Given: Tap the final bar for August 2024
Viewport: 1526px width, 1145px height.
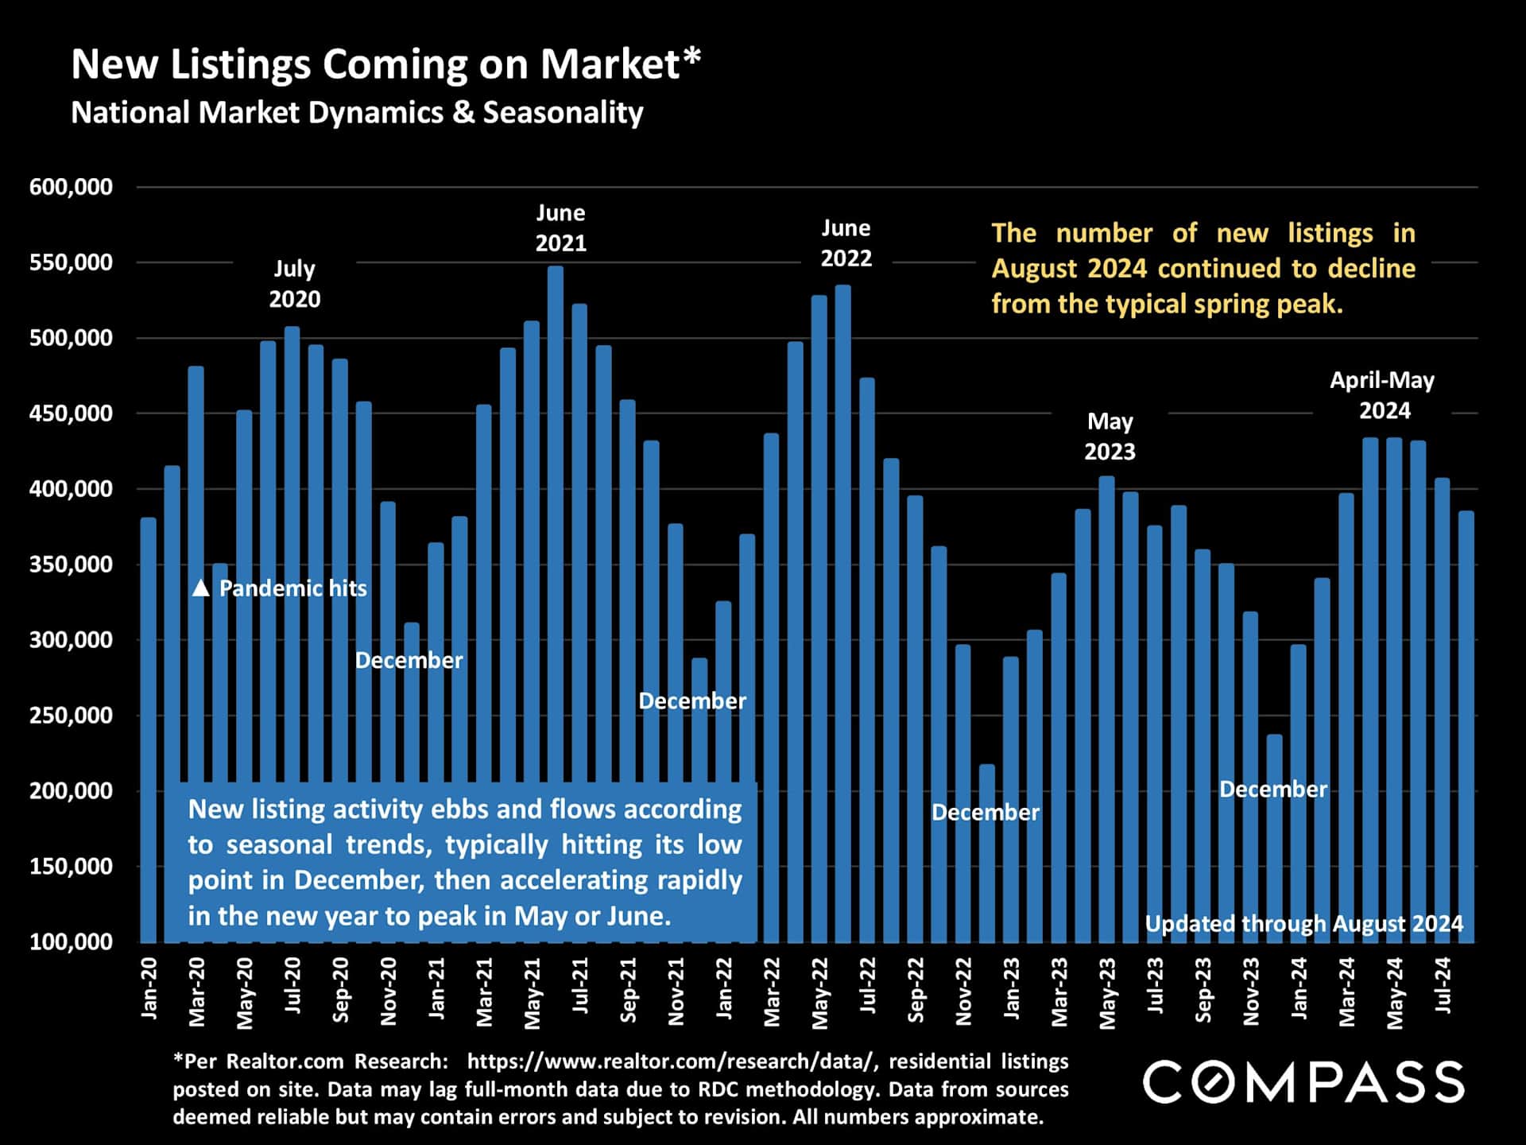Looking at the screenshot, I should (1466, 716).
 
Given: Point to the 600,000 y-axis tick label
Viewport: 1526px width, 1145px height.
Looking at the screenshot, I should (72, 188).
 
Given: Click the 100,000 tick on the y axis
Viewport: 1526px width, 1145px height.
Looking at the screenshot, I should (72, 942).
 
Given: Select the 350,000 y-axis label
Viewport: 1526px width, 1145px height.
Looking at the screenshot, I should (72, 565).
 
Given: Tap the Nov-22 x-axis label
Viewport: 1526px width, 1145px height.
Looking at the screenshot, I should (963, 992).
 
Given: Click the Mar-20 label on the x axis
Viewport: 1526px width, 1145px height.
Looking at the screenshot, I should (196, 992).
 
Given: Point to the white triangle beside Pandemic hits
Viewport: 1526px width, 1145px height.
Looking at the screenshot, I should (201, 588).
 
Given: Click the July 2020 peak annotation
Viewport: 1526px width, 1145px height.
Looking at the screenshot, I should (295, 284).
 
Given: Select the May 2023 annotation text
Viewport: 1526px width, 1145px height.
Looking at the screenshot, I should (1110, 437).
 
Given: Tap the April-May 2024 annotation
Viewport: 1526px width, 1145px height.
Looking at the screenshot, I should (1383, 395).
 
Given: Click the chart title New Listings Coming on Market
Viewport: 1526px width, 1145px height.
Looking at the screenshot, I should (386, 64).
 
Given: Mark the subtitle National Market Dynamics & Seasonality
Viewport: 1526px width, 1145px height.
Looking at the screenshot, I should (357, 113).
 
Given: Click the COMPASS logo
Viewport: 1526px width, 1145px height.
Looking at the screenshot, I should (1303, 1081).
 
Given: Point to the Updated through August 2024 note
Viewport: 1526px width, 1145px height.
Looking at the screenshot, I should (1303, 924).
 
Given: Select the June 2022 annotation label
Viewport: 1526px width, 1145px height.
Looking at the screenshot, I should (846, 243).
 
